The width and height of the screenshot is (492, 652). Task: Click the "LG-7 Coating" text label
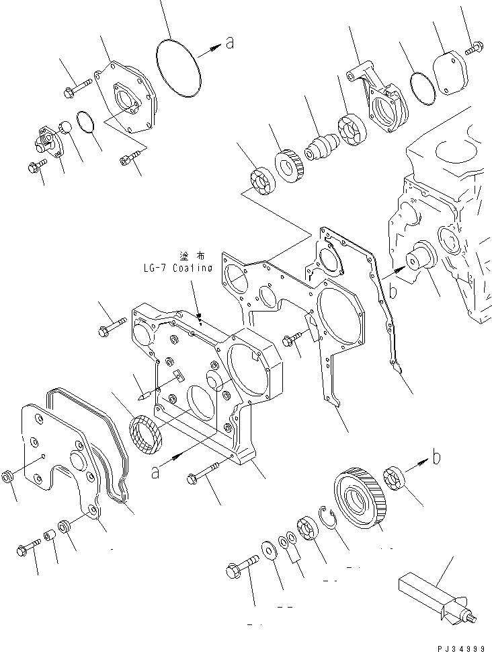pos(177,267)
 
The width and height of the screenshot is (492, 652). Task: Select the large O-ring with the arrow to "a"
pos(178,71)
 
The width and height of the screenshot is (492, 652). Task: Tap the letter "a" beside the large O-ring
pos(229,44)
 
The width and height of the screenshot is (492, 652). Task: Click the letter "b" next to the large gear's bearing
pos(436,458)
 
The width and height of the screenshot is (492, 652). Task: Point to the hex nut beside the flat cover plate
pos(8,477)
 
